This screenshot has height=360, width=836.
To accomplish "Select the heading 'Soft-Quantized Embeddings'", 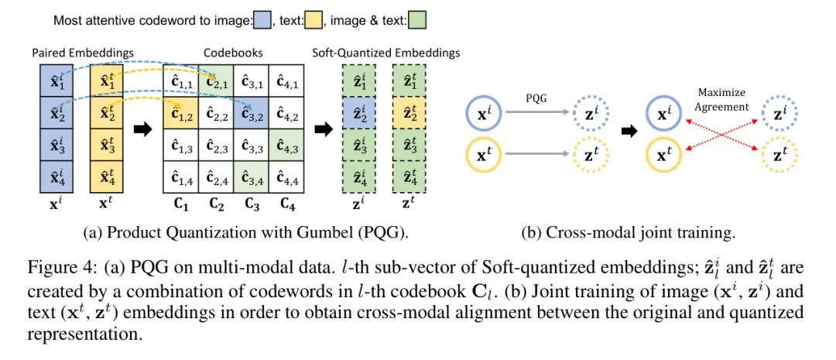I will pyautogui.click(x=385, y=53).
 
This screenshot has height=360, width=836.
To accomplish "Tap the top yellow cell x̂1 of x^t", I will pyautogui.click(x=105, y=81).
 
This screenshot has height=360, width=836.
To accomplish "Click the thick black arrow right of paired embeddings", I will pyautogui.click(x=142, y=129).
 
